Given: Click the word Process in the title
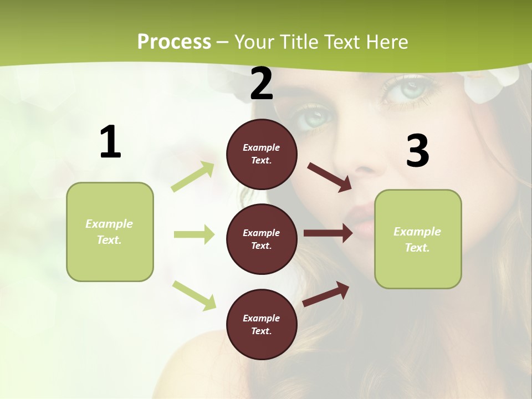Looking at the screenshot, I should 174,42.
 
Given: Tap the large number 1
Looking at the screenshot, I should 110,142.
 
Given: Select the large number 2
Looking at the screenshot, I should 262,84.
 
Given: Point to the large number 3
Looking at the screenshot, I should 417,151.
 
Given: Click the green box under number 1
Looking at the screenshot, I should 110,232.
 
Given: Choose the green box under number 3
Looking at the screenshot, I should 418,239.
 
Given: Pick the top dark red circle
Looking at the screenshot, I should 262,154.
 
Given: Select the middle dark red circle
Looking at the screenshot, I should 262,239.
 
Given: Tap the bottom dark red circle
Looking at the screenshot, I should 262,324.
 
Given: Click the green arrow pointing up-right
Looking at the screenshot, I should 193,177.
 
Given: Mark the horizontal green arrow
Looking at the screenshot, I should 194,234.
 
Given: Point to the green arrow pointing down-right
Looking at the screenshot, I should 194,295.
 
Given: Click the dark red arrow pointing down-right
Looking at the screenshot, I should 329,177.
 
